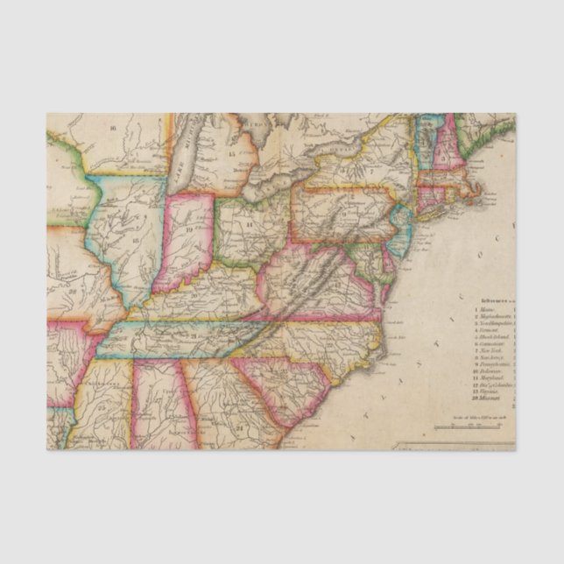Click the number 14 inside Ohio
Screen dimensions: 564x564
[249, 225]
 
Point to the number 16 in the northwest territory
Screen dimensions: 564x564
[113, 128]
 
